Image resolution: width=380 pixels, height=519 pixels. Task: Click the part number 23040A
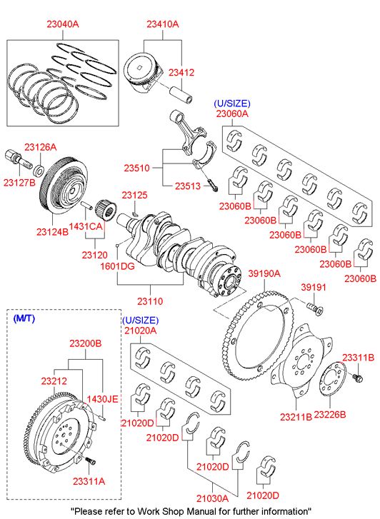click(63, 24)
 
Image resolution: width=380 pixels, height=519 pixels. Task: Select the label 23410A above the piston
click(163, 24)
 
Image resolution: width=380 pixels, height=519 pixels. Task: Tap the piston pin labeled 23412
click(181, 94)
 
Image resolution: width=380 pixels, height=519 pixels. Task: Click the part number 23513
click(188, 186)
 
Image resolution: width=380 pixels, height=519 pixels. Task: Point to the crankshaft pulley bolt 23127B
click(18, 158)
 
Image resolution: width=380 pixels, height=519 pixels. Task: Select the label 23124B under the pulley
click(52, 232)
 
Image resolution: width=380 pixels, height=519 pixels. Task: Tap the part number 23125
click(134, 196)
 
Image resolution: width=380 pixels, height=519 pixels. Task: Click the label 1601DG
click(118, 266)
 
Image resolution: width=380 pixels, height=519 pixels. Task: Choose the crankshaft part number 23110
click(150, 301)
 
